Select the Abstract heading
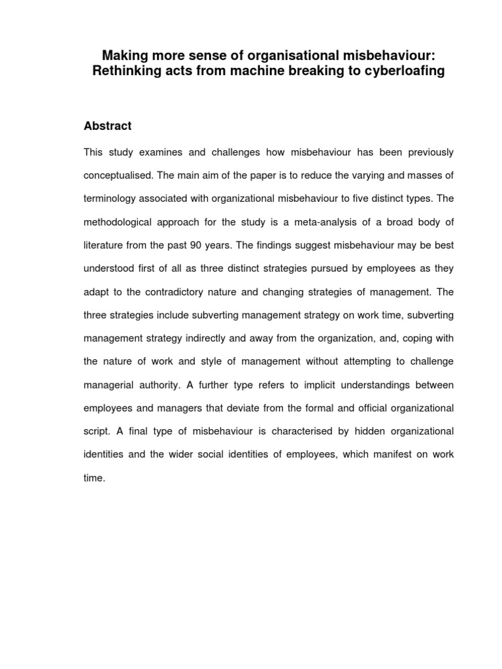pyautogui.click(x=107, y=125)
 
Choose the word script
pyautogui.click(x=97, y=431)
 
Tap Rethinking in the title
pyautogui.click(x=127, y=72)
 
